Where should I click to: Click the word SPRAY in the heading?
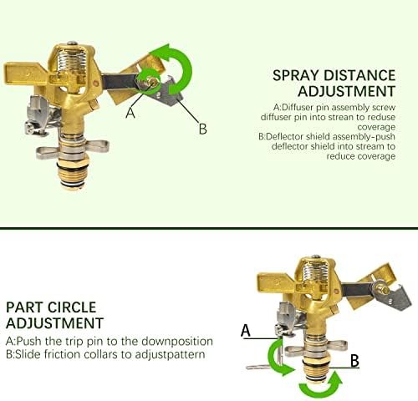[x=295, y=75]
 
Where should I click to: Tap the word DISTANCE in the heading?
[x=359, y=75]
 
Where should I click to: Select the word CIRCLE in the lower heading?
[x=72, y=307]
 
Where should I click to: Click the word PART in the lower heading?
[x=24, y=307]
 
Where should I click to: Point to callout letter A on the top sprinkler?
[x=130, y=113]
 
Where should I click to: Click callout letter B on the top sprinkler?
[x=203, y=129]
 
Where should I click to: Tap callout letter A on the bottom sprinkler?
[x=246, y=330]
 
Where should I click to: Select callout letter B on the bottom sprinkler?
[x=354, y=361]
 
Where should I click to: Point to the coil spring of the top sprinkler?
[x=71, y=63]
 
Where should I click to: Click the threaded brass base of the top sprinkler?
[x=74, y=173]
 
